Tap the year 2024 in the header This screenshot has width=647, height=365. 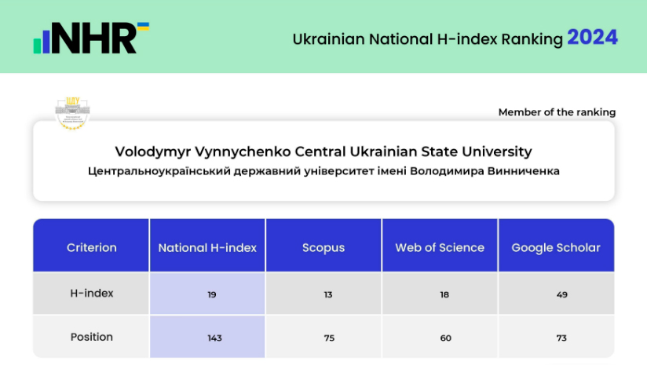tap(592, 38)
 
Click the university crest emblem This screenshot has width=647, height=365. tap(73, 112)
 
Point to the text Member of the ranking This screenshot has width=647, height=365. tap(557, 112)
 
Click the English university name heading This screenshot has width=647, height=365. tap(323, 151)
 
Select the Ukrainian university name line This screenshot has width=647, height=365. tap(323, 171)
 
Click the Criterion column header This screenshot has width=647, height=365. tap(91, 247)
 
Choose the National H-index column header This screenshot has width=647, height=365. tap(207, 247)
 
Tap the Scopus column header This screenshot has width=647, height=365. tap(323, 247)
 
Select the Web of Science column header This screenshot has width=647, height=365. tap(440, 247)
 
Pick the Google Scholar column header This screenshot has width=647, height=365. tap(556, 247)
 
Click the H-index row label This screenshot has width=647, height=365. tap(91, 294)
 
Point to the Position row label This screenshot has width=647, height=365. tap(91, 337)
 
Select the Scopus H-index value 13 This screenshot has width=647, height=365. tap(327, 295)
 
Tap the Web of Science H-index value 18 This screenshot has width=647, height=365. tap(444, 295)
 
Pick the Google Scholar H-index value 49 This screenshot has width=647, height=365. tap(560, 295)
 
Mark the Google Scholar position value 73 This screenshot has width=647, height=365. tap(560, 338)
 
